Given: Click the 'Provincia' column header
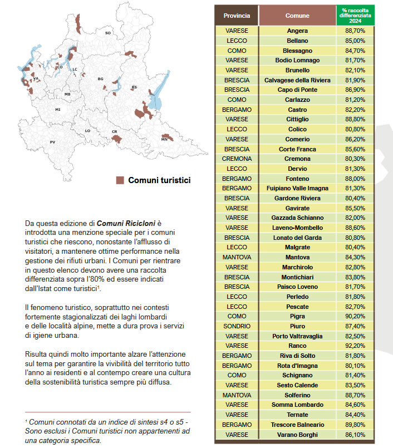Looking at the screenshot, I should tap(237, 16).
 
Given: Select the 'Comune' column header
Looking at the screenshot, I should tap(297, 16).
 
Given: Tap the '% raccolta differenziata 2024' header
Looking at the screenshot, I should tap(355, 15).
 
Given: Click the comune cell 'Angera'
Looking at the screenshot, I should tap(297, 31).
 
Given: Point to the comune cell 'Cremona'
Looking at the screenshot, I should tap(297, 159).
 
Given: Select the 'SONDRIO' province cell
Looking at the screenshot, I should tap(237, 326).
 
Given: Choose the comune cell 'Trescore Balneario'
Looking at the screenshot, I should tap(297, 425).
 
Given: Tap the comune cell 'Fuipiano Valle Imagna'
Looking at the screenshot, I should tap(297, 188).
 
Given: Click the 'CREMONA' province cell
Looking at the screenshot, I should tap(237, 159).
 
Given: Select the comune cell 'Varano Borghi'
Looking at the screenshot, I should tap(297, 435).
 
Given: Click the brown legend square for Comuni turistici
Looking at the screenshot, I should tap(120, 180).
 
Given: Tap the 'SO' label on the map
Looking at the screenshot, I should tap(108, 33).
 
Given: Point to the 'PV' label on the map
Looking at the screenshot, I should tap(52, 142).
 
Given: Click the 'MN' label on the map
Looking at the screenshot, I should tap(164, 140).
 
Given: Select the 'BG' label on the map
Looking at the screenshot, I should tap(101, 79).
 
